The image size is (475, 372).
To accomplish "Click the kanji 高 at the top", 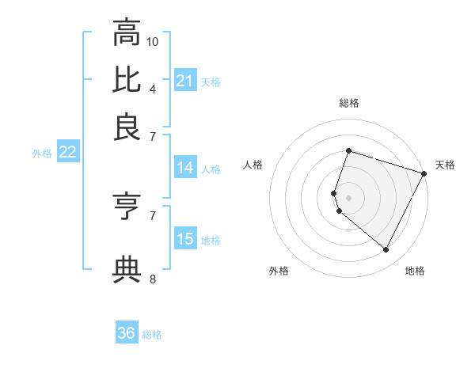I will (127, 32).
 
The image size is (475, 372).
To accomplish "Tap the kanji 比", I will (127, 79).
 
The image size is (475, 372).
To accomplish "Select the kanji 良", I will (127, 127).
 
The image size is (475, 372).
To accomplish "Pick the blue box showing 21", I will (185, 80).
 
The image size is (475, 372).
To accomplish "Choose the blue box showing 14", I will (185, 168).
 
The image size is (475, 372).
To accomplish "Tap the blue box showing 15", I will (185, 239).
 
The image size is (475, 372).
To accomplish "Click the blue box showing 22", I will (67, 152).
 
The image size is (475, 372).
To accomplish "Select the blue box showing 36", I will (126, 333).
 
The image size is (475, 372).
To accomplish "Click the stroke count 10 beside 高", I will (153, 41).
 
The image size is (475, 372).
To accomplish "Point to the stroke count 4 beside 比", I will (153, 88).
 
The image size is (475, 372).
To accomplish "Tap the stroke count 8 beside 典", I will (153, 279).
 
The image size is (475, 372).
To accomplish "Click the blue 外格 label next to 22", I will (42, 154).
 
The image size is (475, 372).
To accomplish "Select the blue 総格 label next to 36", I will (152, 335).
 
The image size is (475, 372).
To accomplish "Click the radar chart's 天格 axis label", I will (445, 165).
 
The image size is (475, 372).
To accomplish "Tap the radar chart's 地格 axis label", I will (415, 271).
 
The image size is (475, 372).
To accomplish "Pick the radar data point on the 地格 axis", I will (386, 250).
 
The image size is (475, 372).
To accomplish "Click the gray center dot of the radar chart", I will (348, 197).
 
